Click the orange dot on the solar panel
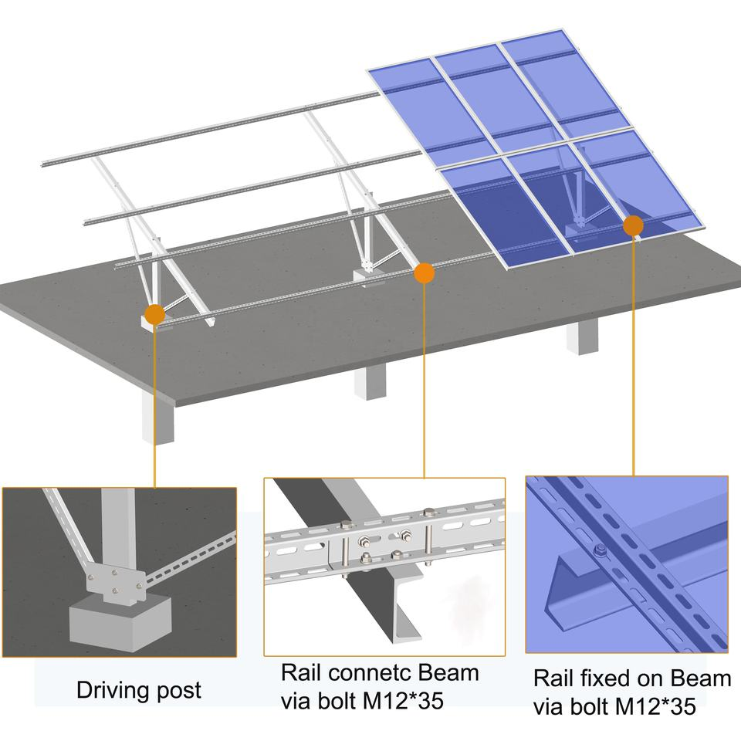tap(633, 225)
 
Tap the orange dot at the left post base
tap(154, 314)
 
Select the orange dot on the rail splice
tap(424, 272)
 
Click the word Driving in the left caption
tap(110, 689)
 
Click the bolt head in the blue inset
tap(599, 550)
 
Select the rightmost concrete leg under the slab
tap(582, 337)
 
